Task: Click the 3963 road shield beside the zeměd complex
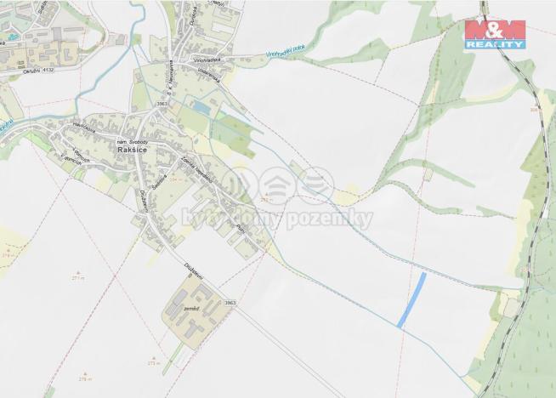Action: (230, 303)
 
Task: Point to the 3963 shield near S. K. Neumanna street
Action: (162, 102)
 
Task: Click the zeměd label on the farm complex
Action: (190, 310)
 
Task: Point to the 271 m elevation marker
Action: (79, 278)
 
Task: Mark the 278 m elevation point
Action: (84, 378)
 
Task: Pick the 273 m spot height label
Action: (152, 362)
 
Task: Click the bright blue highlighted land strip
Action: (411, 299)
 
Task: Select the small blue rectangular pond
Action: (201, 107)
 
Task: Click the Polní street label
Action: (241, 230)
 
